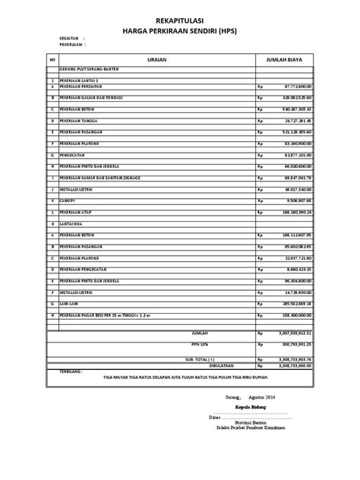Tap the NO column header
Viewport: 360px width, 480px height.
(x=52, y=58)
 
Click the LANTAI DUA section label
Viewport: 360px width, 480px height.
(x=71, y=224)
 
